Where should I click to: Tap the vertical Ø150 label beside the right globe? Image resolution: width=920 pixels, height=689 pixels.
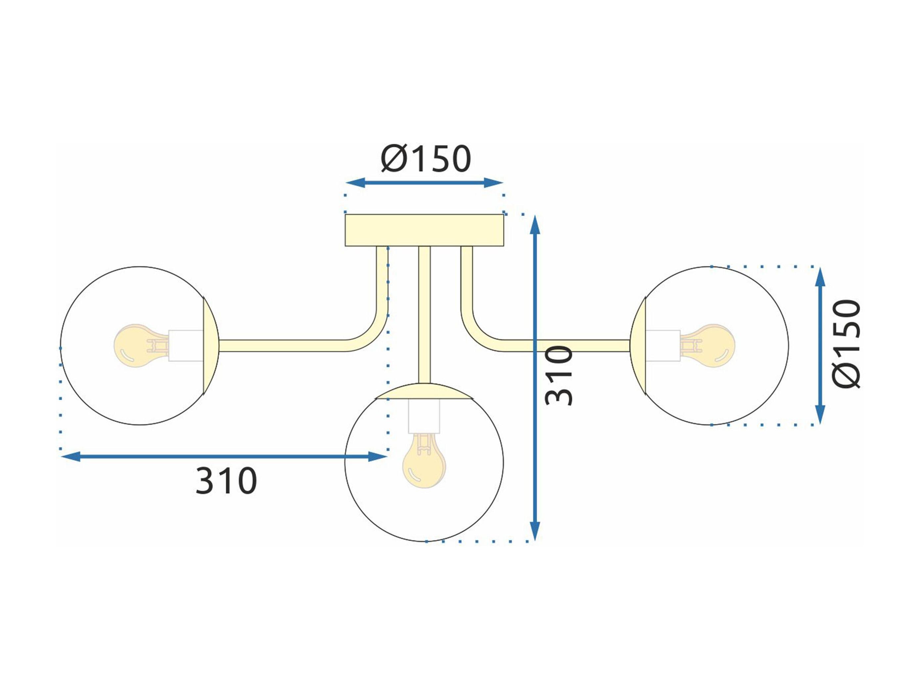pyautogui.click(x=846, y=344)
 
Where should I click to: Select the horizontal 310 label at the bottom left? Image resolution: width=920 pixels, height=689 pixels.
pyautogui.click(x=226, y=481)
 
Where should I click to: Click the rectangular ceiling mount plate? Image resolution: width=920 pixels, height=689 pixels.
pyautogui.click(x=424, y=230)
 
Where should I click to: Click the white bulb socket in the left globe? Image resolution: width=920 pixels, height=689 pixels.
pyautogui.click(x=186, y=346)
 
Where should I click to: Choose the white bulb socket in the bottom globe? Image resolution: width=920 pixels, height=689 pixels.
pyautogui.click(x=424, y=416)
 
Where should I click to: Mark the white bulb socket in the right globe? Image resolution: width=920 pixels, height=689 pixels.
pyautogui.click(x=663, y=346)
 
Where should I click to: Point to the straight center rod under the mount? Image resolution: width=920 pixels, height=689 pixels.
pyautogui.click(x=424, y=315)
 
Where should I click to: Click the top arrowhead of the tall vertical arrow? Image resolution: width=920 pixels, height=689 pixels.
pyautogui.click(x=535, y=228)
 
